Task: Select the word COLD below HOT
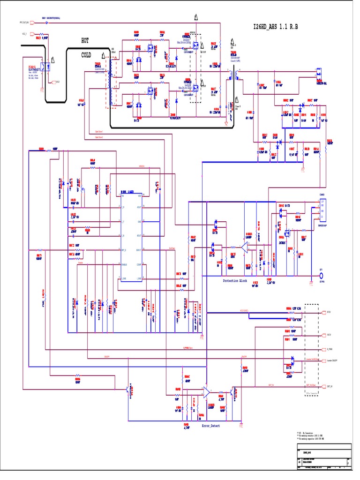click(87, 55)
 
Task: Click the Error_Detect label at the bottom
click(210, 426)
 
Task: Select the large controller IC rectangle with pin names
click(132, 237)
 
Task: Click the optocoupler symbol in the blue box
click(45, 67)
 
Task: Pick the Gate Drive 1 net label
click(99, 133)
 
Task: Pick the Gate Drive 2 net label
click(99, 138)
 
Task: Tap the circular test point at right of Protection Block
click(322, 277)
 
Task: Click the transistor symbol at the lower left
click(127, 389)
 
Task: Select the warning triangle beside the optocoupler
click(53, 60)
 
